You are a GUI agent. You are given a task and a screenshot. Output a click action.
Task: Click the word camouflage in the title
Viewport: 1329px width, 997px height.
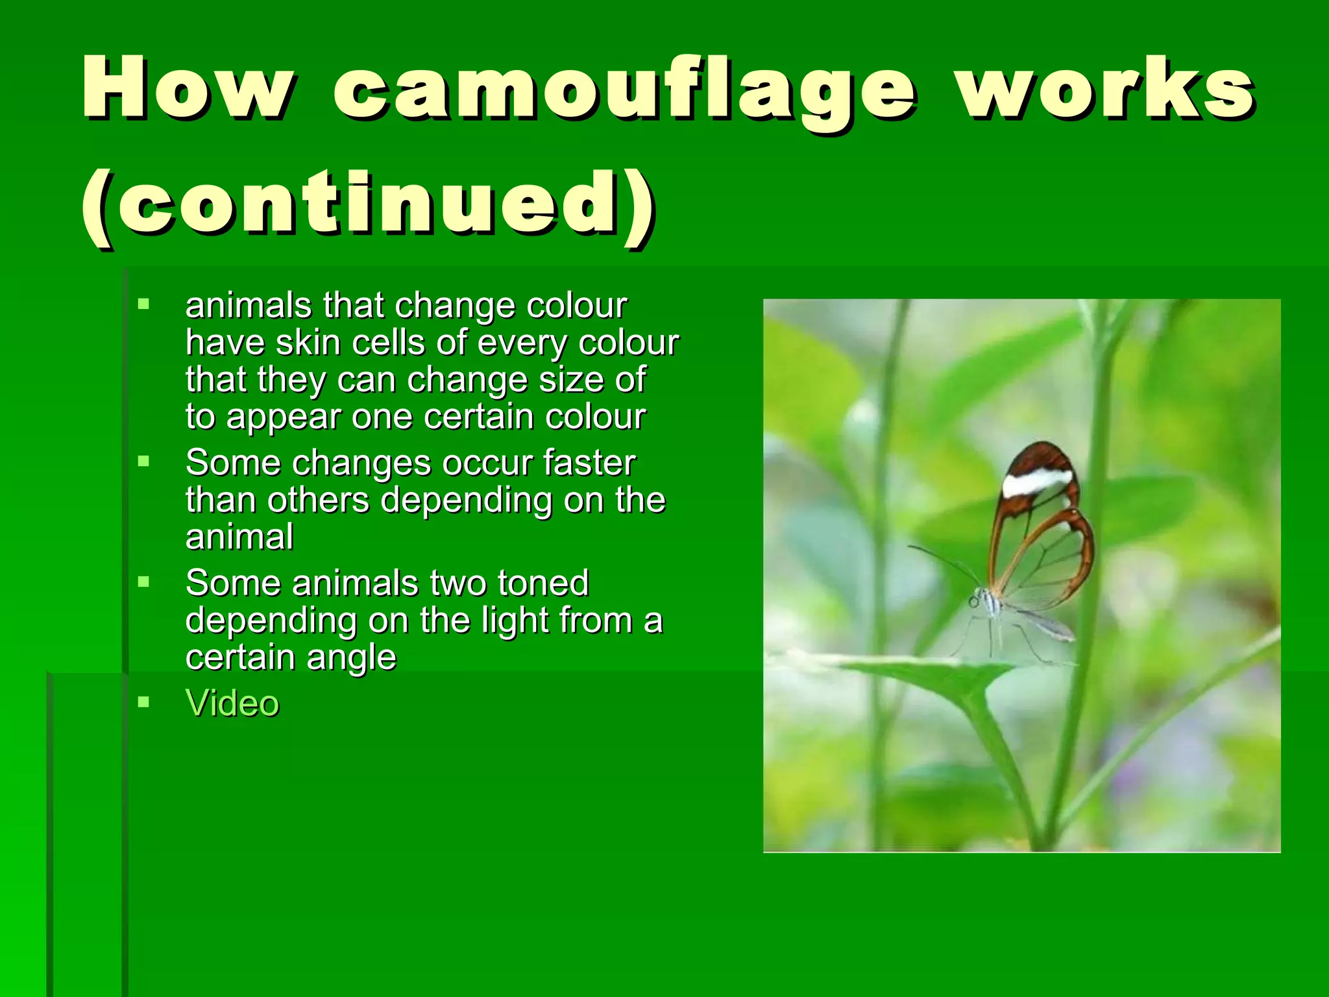(x=624, y=90)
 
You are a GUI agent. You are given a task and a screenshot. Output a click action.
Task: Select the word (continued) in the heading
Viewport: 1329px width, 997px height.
(x=367, y=203)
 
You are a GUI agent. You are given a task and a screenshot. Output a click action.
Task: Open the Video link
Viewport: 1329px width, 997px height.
(x=232, y=704)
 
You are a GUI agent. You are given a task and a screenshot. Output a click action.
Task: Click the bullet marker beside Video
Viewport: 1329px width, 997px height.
(x=143, y=702)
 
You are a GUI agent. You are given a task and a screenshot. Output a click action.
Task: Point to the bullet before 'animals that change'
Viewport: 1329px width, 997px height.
(x=143, y=303)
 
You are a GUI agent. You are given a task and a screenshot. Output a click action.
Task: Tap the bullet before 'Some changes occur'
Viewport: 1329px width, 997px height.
(x=143, y=462)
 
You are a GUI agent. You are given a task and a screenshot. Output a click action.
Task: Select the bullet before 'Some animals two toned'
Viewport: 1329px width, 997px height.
(x=143, y=582)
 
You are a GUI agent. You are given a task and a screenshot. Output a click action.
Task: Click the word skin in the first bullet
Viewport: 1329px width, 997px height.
(x=308, y=343)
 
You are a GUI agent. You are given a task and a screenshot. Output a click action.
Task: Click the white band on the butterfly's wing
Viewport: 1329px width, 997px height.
(x=1036, y=482)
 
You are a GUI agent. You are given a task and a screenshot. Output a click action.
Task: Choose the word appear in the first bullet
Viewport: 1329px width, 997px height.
(x=283, y=417)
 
